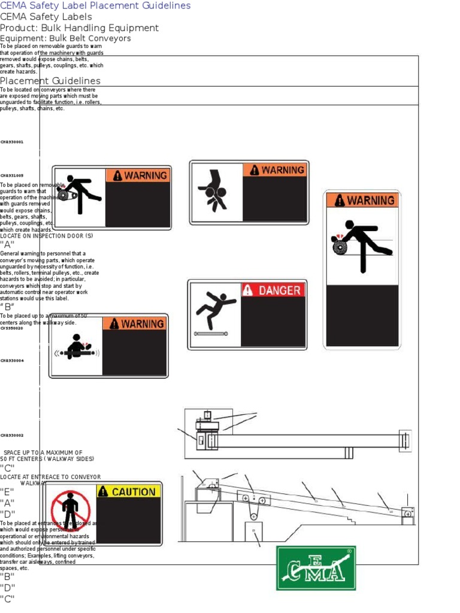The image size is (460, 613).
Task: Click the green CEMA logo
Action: (316, 568)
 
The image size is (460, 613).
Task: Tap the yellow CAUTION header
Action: (128, 491)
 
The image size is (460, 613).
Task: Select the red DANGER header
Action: (273, 290)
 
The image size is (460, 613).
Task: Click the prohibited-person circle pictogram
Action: (71, 511)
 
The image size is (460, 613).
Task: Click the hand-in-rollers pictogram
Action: (214, 191)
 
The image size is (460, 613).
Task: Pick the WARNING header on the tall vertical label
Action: (362, 201)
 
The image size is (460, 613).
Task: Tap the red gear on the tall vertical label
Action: (340, 245)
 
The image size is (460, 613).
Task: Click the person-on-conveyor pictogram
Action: (76, 348)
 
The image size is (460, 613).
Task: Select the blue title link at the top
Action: (95, 5)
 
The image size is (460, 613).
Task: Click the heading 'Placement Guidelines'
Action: (50, 81)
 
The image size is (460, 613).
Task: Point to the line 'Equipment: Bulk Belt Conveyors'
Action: (65, 38)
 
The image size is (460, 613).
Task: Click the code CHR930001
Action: (12, 142)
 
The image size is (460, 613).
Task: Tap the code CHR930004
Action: (12, 361)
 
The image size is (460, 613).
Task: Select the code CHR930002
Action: (12, 436)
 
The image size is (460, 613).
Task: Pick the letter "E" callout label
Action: (7, 491)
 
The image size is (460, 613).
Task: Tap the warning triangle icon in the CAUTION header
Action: (103, 491)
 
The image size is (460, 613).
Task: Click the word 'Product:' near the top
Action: (18, 28)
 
